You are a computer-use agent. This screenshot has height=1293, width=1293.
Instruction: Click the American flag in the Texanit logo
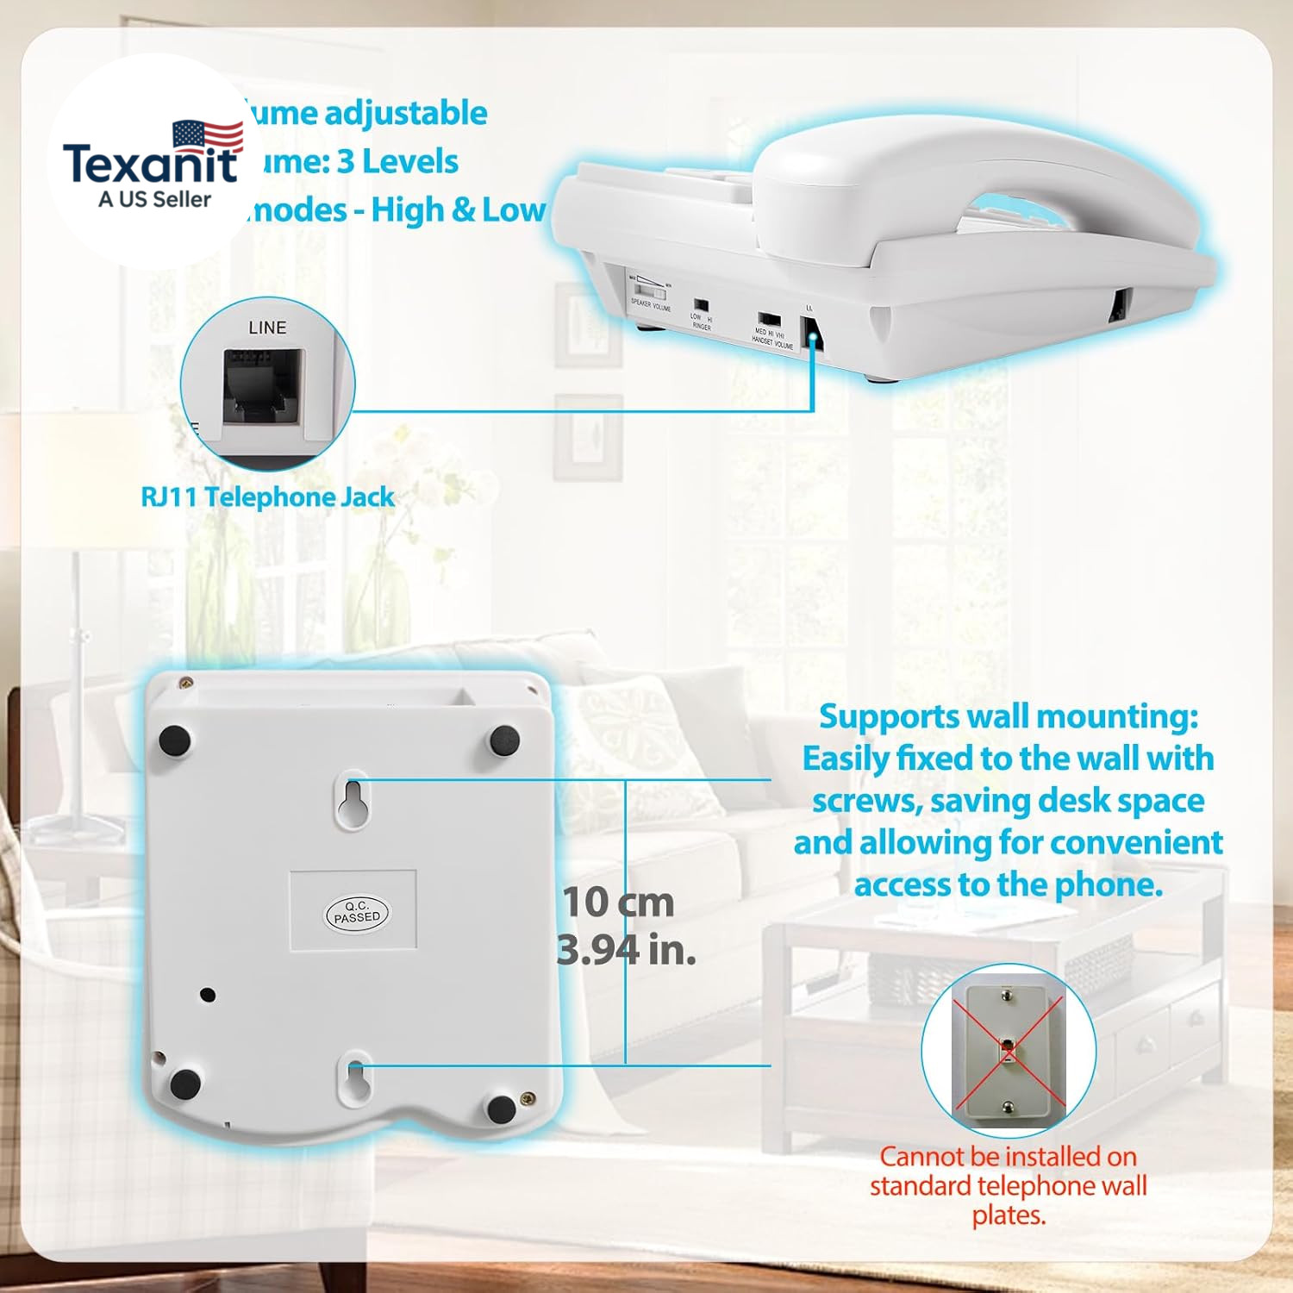208,135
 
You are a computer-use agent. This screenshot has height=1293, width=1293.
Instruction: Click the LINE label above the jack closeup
267,328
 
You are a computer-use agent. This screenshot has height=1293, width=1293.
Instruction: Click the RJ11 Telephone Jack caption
267,497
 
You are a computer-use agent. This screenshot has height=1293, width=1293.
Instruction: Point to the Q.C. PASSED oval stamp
357,912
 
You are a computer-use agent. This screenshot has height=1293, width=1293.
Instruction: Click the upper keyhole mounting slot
353,801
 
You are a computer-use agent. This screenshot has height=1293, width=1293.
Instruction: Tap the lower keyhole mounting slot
355,1077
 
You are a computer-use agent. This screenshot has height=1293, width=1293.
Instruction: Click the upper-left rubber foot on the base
175,740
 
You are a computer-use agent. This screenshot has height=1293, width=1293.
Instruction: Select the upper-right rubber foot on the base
504,740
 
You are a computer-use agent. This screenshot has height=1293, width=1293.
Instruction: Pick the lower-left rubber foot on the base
185,1084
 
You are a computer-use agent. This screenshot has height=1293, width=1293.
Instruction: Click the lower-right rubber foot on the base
502,1109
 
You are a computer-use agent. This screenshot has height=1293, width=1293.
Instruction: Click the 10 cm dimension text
618,902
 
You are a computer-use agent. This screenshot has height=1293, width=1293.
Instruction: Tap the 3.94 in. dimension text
626,950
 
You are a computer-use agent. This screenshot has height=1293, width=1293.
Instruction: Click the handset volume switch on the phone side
770,321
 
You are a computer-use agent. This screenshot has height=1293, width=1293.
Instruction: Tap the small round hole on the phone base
207,995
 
